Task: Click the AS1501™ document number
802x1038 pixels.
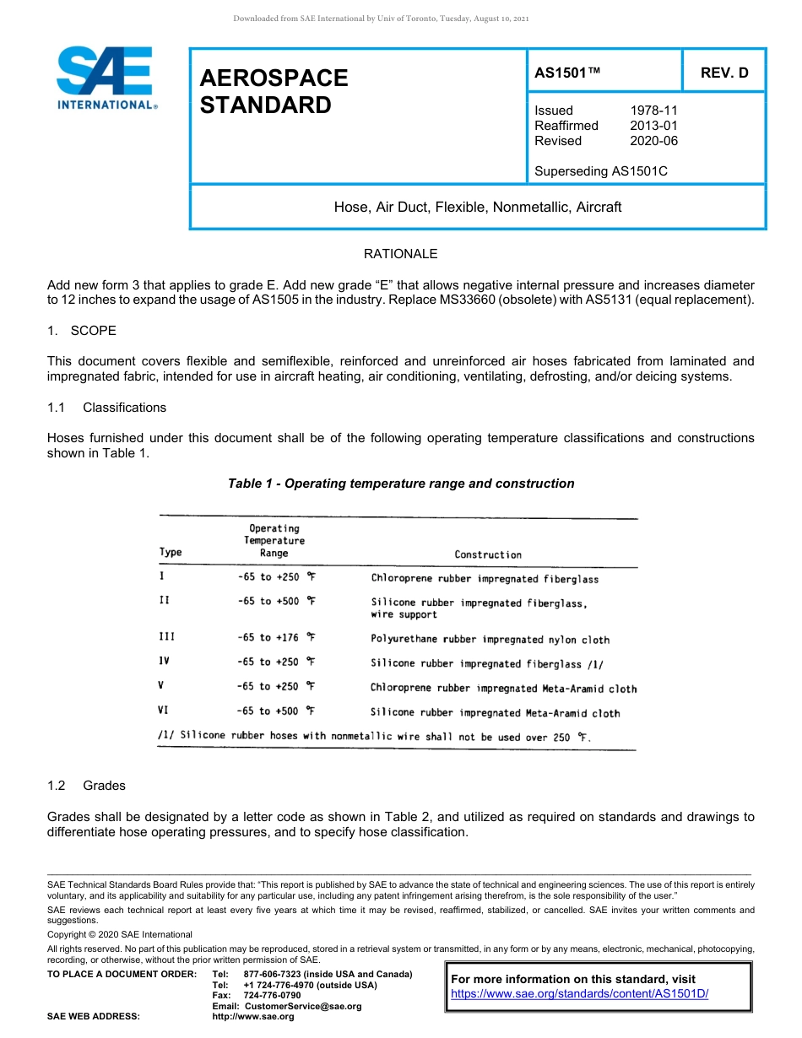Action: pyautogui.click(x=567, y=73)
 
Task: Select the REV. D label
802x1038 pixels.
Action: pyautogui.click(x=723, y=73)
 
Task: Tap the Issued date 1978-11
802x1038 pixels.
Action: pyautogui.click(x=653, y=111)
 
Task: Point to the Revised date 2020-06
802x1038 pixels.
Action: pyautogui.click(x=653, y=141)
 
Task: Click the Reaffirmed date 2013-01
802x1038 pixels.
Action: pyautogui.click(x=653, y=126)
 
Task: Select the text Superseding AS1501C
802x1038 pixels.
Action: pyautogui.click(x=600, y=171)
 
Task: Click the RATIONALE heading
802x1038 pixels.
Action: pyautogui.click(x=400, y=254)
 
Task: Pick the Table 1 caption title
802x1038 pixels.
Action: pyautogui.click(x=401, y=484)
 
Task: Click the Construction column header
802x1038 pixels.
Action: pyautogui.click(x=488, y=554)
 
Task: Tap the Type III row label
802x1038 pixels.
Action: pyautogui.click(x=167, y=638)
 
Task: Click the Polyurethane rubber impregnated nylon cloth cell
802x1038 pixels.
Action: pyautogui.click(x=490, y=640)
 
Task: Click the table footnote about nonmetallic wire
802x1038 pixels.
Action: pyautogui.click(x=375, y=737)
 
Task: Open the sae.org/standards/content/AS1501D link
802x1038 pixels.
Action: pyautogui.click(x=579, y=994)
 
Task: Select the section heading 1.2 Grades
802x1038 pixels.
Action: pyautogui.click(x=86, y=786)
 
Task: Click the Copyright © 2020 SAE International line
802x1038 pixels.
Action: pyautogui.click(x=120, y=934)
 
